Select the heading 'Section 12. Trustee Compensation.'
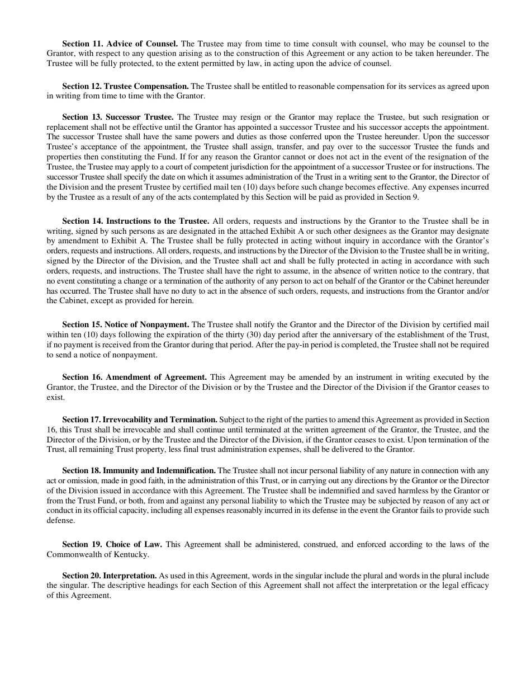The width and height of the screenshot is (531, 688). pyautogui.click(x=125, y=86)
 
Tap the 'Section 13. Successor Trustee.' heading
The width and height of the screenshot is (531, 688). pyautogui.click(x=118, y=117)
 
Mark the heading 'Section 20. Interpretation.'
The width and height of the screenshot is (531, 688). pyautogui.click(x=109, y=576)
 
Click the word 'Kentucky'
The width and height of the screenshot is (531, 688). pyautogui.click(x=134, y=554)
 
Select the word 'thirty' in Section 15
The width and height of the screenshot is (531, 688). pyautogui.click(x=225, y=334)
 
